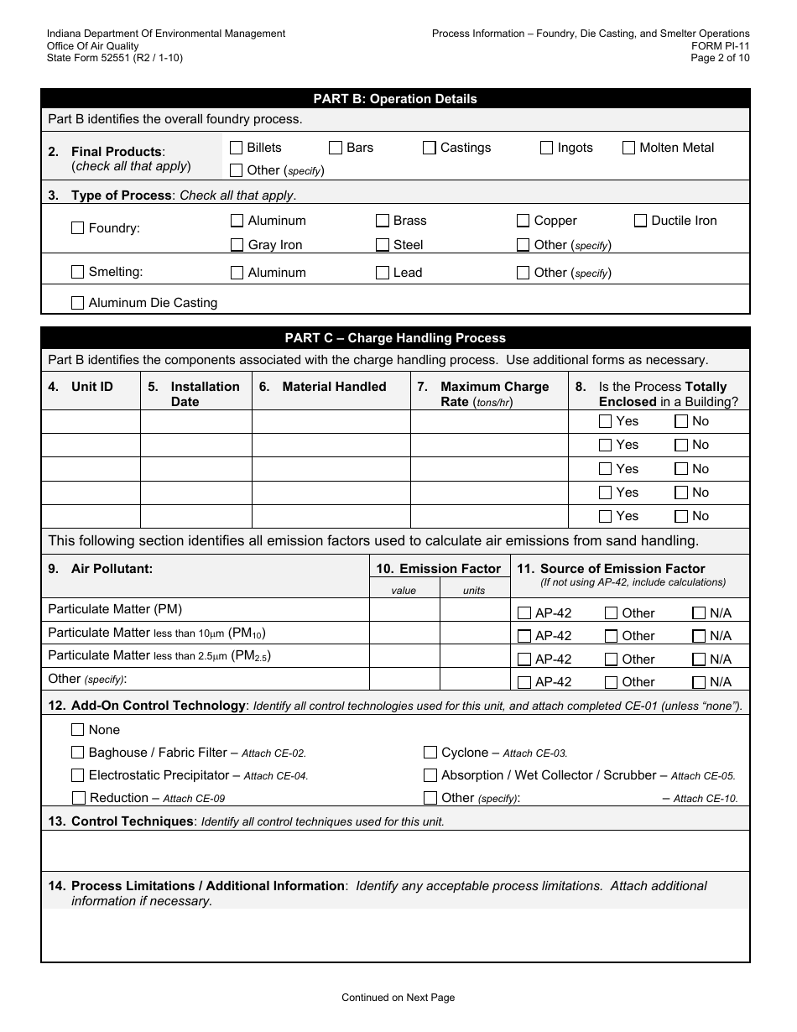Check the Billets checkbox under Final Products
(237, 148)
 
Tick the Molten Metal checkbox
(628, 148)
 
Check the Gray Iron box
(237, 245)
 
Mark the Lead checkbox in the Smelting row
(383, 273)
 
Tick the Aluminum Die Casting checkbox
(78, 303)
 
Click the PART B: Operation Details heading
(395, 99)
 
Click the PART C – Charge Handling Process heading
(395, 338)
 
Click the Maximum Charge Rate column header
(493, 394)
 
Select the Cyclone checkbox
(430, 753)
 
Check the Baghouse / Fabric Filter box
(78, 753)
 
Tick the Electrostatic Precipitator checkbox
(78, 775)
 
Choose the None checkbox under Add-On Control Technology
(78, 730)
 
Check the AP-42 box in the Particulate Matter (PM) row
(524, 613)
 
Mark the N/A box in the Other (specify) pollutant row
(698, 682)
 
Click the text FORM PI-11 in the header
(721, 46)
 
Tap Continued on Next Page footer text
(398, 998)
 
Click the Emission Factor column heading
(439, 569)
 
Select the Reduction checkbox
(79, 798)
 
